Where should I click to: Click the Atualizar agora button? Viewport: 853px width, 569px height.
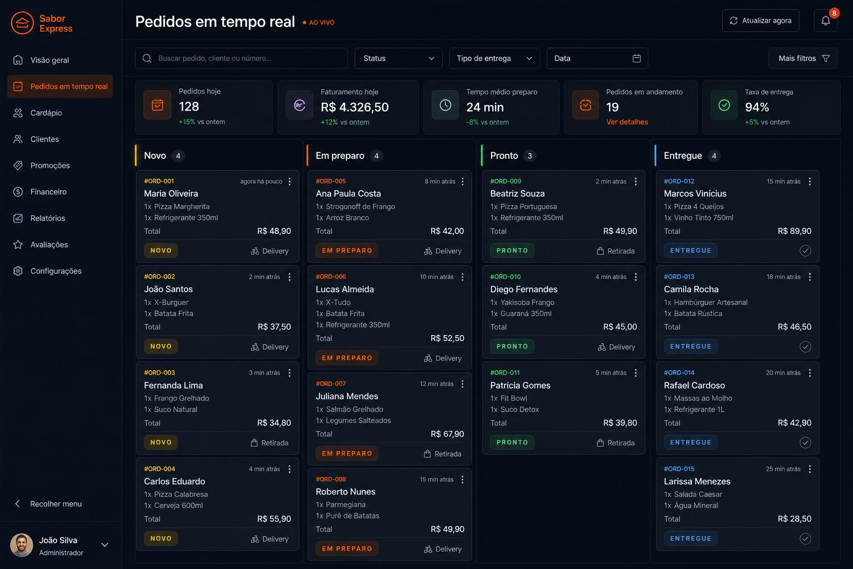coord(760,21)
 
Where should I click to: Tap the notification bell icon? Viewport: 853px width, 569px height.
coord(825,21)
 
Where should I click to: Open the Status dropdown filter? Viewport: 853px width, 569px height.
coord(398,58)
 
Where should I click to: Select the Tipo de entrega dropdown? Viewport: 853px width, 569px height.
coord(494,58)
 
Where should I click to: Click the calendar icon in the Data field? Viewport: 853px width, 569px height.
coord(636,58)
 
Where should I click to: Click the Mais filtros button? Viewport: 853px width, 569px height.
coord(802,58)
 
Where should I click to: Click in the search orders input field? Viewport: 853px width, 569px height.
coord(242,58)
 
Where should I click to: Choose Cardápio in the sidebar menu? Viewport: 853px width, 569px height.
coord(46,113)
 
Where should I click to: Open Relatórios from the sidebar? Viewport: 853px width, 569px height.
coord(48,218)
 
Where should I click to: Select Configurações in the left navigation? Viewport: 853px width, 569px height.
coord(56,271)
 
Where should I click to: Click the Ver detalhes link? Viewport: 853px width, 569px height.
coord(627,122)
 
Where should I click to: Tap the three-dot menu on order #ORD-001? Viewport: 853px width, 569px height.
coord(290,181)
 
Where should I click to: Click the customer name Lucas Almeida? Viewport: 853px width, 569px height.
coord(345,290)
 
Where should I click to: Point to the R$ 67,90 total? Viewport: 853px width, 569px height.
coord(447,434)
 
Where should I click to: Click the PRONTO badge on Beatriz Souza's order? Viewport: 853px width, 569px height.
coord(512,251)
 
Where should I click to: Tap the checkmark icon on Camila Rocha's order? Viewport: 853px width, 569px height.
coord(805,346)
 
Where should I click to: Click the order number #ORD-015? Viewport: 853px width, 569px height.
coord(679,469)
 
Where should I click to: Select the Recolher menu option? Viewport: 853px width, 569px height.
coord(56,504)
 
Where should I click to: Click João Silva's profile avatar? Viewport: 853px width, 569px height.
coord(21,545)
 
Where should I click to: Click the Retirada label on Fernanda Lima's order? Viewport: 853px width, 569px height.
coord(269,443)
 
